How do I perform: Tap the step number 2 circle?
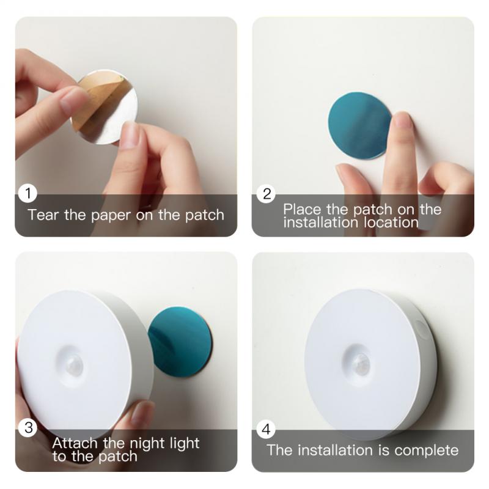pos(267,194)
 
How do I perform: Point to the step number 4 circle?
pos(267,430)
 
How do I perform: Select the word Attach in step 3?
pos(72,443)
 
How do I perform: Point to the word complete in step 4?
pos(427,450)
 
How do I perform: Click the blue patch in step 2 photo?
pos(358,125)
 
